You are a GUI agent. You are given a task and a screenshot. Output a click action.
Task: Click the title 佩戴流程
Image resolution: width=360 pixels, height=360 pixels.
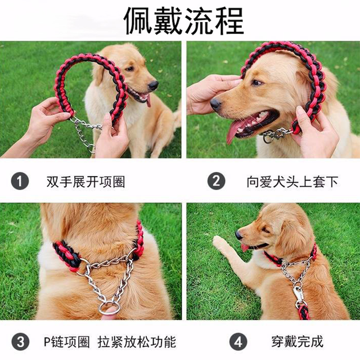(x=184, y=21)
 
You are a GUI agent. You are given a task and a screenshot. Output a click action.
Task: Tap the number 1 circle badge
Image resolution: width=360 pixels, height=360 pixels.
(x=20, y=181)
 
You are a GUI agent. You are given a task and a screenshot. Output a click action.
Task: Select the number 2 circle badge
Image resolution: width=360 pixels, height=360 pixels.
(x=216, y=181)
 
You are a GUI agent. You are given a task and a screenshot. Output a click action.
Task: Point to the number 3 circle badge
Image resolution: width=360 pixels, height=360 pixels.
(x=20, y=342)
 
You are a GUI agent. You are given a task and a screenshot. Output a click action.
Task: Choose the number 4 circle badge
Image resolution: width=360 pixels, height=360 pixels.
(x=238, y=342)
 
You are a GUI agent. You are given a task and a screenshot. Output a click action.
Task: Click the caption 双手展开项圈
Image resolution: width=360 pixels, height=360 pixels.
(x=86, y=182)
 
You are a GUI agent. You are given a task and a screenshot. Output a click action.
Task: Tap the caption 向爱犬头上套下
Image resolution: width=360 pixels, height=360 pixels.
(x=292, y=182)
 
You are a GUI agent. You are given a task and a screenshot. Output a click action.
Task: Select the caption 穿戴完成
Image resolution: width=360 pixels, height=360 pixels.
(x=298, y=341)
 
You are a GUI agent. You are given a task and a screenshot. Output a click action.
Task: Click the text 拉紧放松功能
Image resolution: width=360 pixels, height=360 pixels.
(x=137, y=342)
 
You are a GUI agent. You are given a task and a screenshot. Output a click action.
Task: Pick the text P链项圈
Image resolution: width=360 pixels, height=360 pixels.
(x=67, y=342)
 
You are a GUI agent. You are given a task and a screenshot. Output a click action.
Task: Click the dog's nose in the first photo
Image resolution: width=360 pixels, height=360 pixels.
(x=153, y=85)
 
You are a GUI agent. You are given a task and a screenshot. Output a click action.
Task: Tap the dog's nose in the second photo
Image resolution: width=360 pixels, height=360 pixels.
(x=215, y=104)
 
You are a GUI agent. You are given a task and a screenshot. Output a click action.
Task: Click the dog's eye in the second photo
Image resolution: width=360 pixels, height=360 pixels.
(x=256, y=83)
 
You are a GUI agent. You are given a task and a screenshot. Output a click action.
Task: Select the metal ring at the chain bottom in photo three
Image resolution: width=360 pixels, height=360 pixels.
(x=109, y=308)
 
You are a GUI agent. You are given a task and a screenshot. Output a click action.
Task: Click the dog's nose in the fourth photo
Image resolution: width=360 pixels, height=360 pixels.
(x=238, y=235)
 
